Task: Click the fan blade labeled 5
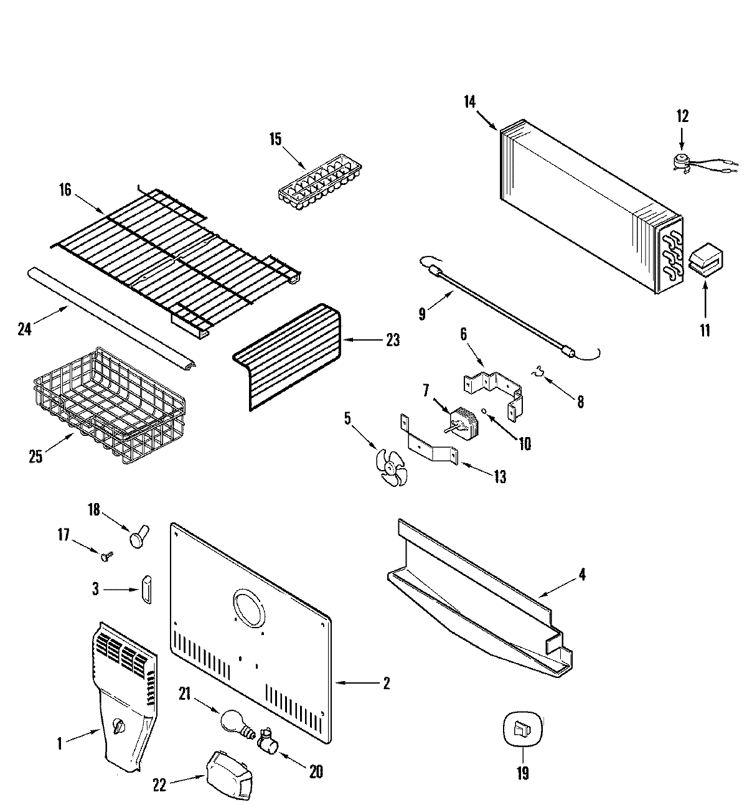(391, 467)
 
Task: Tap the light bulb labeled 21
(233, 722)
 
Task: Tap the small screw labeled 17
(108, 553)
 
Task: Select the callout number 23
(392, 340)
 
